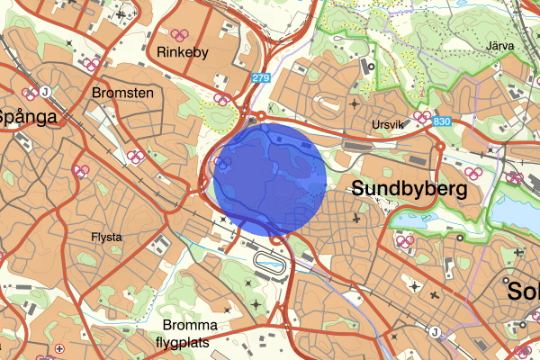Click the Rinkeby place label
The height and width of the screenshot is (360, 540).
point(183,52)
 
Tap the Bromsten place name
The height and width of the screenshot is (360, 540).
point(122,93)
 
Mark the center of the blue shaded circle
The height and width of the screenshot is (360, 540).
point(270,180)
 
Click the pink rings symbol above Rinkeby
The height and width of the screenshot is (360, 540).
point(180,35)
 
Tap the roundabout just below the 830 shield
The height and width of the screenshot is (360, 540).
point(440,144)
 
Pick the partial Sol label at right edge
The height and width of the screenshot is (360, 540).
point(523,293)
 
